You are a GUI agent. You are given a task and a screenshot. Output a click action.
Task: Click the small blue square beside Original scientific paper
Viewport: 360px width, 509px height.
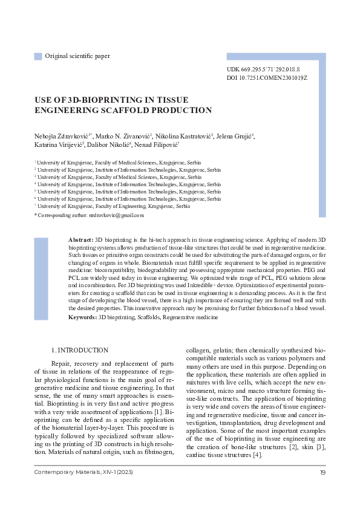pos(38,56)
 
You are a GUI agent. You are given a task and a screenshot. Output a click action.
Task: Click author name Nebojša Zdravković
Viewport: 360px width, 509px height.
pos(63,135)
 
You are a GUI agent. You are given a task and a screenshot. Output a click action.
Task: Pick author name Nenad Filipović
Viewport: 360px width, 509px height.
pos(160,145)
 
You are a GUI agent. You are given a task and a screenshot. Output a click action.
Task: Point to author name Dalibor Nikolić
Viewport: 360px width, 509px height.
pos(111,145)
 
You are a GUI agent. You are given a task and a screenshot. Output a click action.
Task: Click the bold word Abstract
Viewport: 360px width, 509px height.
pos(81,241)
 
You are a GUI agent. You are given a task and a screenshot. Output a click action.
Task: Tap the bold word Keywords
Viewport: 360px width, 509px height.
pos(83,317)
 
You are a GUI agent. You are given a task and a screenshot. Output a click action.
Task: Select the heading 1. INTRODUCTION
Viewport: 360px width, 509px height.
pos(80,350)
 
